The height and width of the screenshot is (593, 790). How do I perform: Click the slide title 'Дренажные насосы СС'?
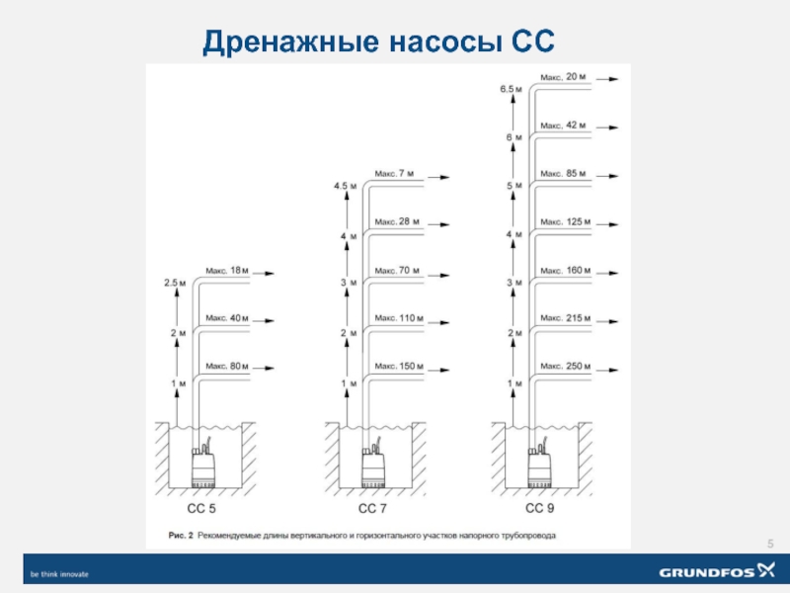click(x=378, y=42)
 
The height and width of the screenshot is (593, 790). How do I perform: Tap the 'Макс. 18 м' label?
click(x=227, y=271)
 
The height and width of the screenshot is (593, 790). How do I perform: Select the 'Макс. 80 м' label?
click(x=227, y=366)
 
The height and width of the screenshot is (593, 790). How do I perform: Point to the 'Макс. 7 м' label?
click(x=394, y=174)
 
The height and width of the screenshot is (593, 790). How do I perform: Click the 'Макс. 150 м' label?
click(x=399, y=366)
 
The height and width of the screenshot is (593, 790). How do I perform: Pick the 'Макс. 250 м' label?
click(x=565, y=366)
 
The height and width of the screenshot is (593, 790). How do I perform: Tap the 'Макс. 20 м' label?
click(x=563, y=77)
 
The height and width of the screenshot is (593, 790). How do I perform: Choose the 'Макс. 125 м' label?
click(x=565, y=221)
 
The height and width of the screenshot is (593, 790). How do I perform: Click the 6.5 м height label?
click(x=511, y=89)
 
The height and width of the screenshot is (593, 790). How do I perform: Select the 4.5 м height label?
click(x=345, y=186)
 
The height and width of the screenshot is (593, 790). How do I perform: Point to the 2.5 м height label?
click(x=175, y=283)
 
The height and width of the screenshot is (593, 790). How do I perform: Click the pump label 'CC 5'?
click(x=201, y=508)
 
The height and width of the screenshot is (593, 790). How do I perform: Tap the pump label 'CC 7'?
click(x=372, y=508)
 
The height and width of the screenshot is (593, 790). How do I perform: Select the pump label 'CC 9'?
click(x=539, y=508)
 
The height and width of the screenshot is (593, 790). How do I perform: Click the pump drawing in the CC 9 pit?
click(x=539, y=466)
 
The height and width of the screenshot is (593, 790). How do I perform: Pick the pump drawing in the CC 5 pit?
click(x=203, y=466)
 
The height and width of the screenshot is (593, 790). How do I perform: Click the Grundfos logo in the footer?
click(x=717, y=571)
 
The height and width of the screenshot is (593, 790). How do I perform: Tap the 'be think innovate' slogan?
click(x=59, y=574)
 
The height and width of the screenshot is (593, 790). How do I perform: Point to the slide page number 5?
click(x=770, y=544)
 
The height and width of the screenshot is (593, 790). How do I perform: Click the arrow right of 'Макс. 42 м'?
click(x=607, y=127)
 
